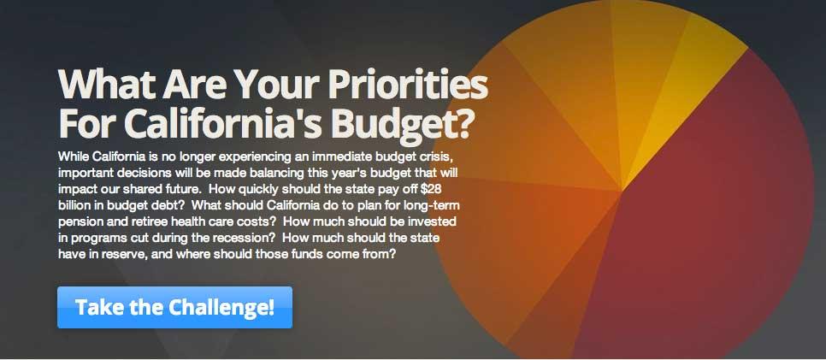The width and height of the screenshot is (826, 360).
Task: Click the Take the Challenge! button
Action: [x=174, y=307]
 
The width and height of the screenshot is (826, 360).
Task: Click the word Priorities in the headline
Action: [x=407, y=85]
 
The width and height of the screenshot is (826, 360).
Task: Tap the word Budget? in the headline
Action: [x=399, y=123]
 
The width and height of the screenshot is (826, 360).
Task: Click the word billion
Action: [x=72, y=205]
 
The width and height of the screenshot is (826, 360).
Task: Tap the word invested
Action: [x=434, y=221]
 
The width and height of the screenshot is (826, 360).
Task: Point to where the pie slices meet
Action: [x=622, y=191]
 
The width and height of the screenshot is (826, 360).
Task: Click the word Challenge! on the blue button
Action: [x=221, y=307]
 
